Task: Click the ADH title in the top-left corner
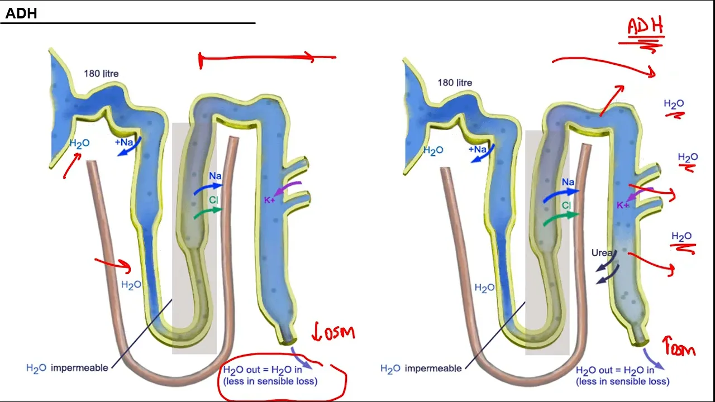click(x=21, y=13)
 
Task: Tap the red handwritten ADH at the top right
click(x=645, y=26)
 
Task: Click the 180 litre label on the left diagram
click(x=101, y=73)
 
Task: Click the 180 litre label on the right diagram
click(x=455, y=83)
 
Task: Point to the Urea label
click(x=602, y=253)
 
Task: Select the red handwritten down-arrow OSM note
click(x=333, y=333)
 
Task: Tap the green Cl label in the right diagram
click(x=566, y=206)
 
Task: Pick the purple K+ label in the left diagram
click(x=269, y=200)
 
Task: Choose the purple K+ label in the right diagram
click(x=622, y=205)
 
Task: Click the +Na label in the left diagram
click(x=124, y=142)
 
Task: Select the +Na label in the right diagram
click(x=478, y=150)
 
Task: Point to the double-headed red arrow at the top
click(x=267, y=56)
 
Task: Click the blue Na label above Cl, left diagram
click(x=216, y=176)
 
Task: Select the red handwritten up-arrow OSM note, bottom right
click(x=679, y=347)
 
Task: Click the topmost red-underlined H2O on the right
click(x=674, y=104)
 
